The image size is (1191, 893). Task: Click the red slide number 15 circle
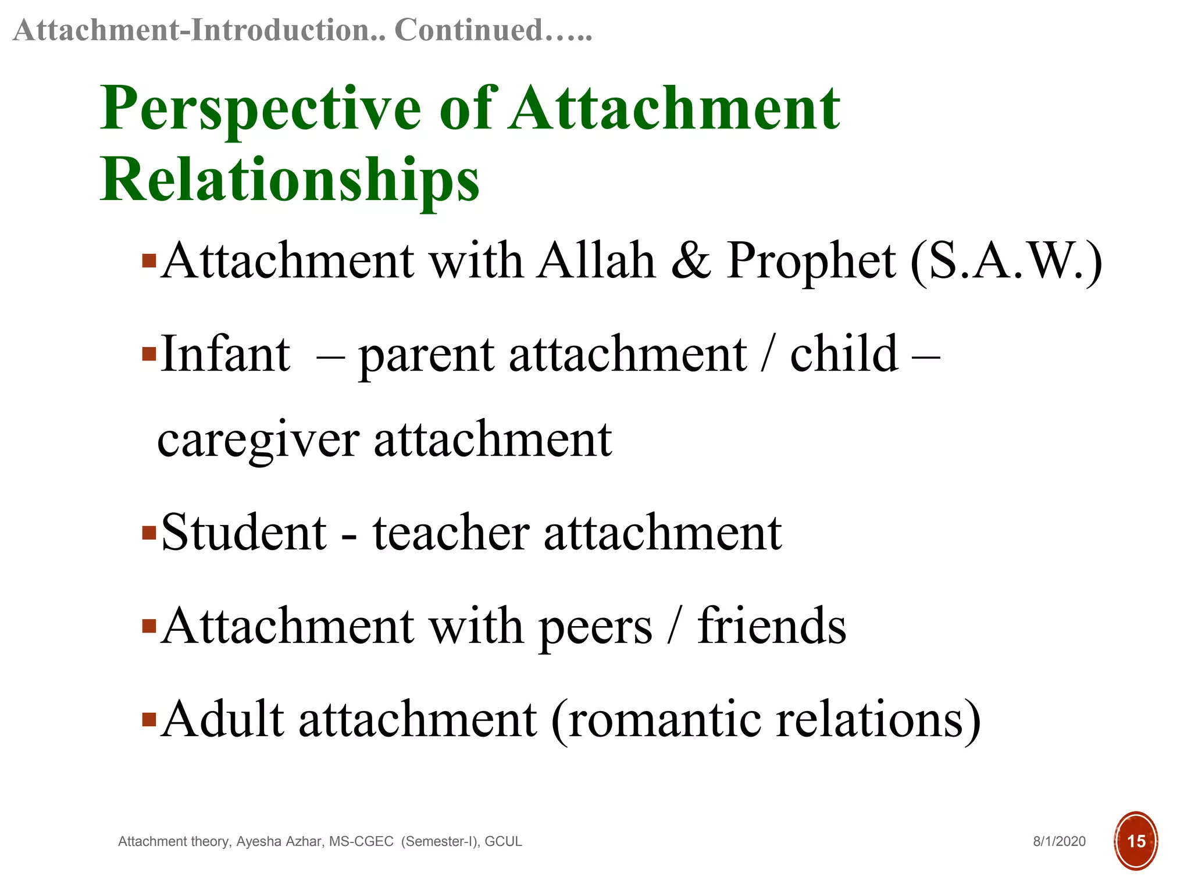[1135, 841]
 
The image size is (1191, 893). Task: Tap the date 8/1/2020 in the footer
[1059, 841]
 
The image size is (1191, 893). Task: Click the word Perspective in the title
[261, 109]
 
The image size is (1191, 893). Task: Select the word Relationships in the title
[290, 180]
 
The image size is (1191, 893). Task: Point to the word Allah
[595, 261]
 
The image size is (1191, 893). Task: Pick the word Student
[244, 533]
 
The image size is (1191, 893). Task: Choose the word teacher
[451, 533]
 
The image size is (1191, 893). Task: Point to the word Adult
[223, 719]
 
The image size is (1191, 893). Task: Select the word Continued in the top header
[469, 30]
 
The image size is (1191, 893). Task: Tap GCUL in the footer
[503, 841]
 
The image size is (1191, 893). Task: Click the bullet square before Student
[149, 533]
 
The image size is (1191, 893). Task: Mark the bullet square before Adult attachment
[149, 720]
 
